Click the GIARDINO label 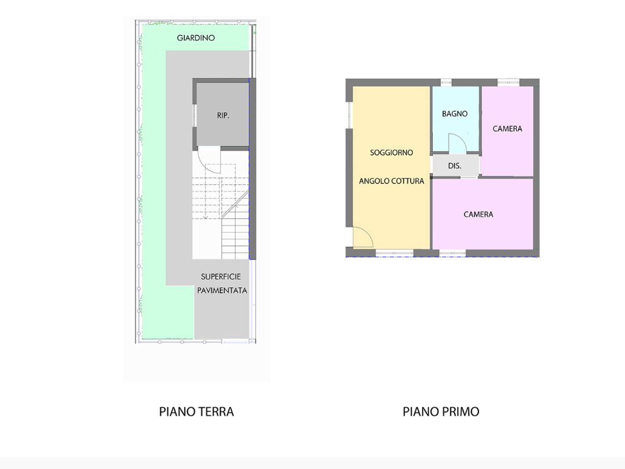pos(196,38)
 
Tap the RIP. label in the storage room pos(223,115)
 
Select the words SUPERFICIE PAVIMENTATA pos(222,283)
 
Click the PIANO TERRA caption pos(196,412)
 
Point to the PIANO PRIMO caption pos(441,412)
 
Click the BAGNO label pos(454,114)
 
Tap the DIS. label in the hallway pos(454,166)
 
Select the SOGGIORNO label pos(391,152)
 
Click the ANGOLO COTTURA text pos(391,181)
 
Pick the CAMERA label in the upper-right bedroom pos(507,129)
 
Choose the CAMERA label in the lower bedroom pos(478,214)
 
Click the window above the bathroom pos(447,83)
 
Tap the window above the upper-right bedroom pos(508,82)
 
